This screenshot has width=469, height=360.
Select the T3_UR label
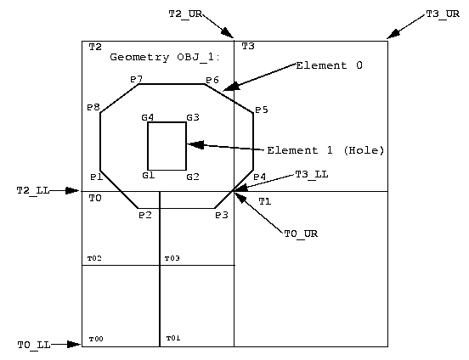(x=442, y=14)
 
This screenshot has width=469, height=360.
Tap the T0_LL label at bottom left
(x=33, y=345)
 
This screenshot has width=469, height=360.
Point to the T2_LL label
(x=33, y=191)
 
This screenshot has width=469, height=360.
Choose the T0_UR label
(x=300, y=232)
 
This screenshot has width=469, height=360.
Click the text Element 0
(x=329, y=65)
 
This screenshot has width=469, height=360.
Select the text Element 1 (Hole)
(x=325, y=150)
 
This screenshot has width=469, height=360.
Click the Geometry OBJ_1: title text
(x=165, y=57)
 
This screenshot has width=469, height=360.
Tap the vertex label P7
(x=136, y=78)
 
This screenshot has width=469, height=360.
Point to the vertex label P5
(x=262, y=110)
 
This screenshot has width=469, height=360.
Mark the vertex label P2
(x=144, y=216)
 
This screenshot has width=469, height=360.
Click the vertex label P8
(x=93, y=108)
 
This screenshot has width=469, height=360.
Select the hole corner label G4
(x=148, y=117)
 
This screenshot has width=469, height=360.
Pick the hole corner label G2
(x=192, y=177)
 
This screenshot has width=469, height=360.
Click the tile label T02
(x=94, y=257)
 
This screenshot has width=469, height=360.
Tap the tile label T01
(x=173, y=338)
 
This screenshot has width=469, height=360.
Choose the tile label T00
(x=95, y=338)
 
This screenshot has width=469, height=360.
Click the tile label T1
(x=264, y=201)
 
